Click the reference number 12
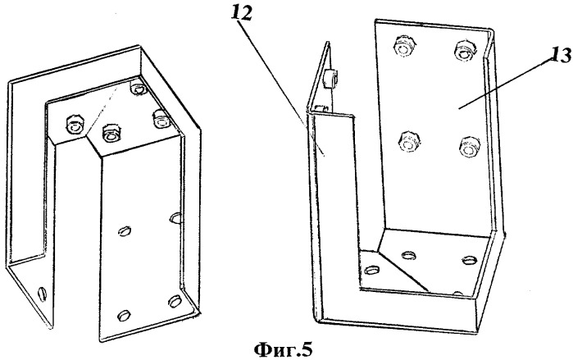click(x=242, y=15)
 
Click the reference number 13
click(x=560, y=56)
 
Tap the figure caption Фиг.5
click(x=283, y=350)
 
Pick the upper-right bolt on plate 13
click(x=464, y=51)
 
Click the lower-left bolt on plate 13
click(x=409, y=141)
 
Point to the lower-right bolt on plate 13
click(x=469, y=147)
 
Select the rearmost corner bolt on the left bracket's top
click(x=138, y=89)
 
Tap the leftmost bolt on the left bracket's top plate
click(x=74, y=125)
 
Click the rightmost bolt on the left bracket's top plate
click(x=161, y=118)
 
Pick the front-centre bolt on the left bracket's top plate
click(x=110, y=134)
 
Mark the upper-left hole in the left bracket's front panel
click(x=125, y=231)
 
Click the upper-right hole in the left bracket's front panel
click(x=175, y=218)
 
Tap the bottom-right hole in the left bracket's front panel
click(x=175, y=301)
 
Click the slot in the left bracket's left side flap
click(x=42, y=293)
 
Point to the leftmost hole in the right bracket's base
click(x=372, y=271)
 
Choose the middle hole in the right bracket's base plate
click(x=408, y=254)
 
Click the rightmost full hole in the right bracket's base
click(x=470, y=260)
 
